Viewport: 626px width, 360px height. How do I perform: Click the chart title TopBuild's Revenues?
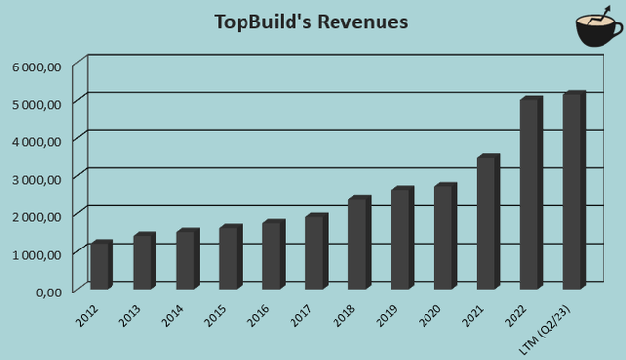coord(311,22)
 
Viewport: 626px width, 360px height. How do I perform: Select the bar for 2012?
coord(101,265)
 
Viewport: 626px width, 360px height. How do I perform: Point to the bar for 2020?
coord(445,237)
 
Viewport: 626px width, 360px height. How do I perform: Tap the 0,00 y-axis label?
coord(48,292)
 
